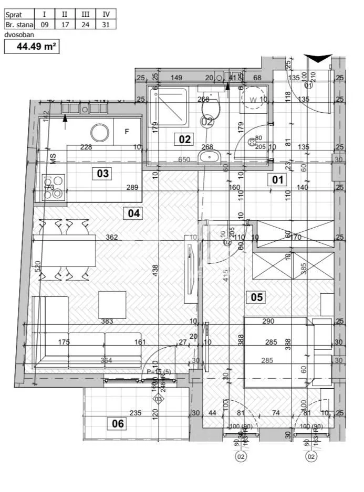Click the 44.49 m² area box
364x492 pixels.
(x=31, y=47)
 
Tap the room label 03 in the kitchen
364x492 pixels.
(x=103, y=173)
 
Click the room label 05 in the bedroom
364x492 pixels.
(x=256, y=297)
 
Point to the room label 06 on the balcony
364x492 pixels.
(x=118, y=423)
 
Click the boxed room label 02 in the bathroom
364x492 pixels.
(x=185, y=140)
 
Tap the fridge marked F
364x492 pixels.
(x=127, y=131)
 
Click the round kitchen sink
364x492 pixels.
(x=99, y=132)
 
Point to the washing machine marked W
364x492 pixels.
(x=254, y=100)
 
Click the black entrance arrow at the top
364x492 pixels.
(x=318, y=58)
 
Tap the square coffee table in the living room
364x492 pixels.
(x=112, y=305)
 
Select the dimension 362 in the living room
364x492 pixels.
(x=111, y=238)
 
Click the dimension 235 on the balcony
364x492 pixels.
(x=136, y=413)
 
